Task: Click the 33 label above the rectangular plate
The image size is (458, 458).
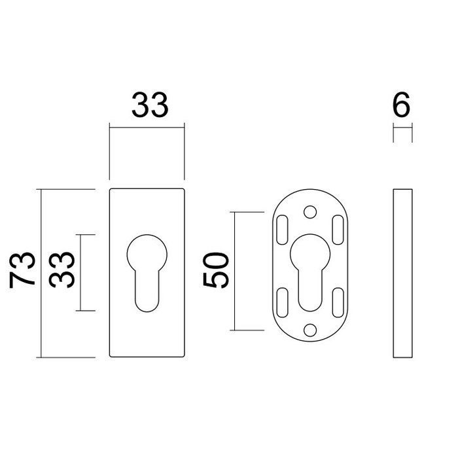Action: (150, 105)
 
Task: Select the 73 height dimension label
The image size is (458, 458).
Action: (24, 269)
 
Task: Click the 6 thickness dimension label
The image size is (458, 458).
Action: (402, 105)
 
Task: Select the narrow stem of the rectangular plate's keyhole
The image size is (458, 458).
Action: (147, 291)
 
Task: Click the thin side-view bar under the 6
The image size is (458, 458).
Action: (402, 273)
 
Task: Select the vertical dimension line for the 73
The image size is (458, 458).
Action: (42, 273)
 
